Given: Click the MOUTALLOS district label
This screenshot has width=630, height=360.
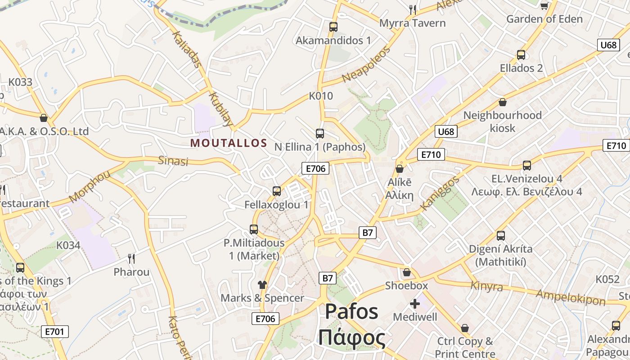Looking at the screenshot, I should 229,143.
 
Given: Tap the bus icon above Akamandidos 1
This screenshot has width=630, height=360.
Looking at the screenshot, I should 333,27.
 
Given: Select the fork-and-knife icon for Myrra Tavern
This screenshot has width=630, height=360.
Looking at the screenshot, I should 413,9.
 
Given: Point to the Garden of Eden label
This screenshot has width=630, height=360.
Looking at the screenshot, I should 544,19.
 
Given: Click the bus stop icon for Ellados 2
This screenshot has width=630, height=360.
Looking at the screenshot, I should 521,55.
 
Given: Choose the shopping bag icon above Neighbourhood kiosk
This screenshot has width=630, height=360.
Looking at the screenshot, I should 502,103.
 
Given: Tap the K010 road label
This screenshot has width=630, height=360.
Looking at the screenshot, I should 321,96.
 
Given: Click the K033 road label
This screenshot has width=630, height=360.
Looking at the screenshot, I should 21,82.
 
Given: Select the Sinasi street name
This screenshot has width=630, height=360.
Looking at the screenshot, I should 173,161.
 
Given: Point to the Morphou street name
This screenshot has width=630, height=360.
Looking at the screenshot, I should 90,186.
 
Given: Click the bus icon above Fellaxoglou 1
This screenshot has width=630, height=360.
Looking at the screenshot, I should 276,191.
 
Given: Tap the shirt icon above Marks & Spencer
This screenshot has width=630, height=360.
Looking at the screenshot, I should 262,284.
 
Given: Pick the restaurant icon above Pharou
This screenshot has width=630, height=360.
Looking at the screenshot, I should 131,258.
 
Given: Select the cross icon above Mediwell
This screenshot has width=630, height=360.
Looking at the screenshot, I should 414,304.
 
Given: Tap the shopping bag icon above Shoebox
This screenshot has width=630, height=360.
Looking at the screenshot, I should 406,272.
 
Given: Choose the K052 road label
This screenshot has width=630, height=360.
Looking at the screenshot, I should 607,279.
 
